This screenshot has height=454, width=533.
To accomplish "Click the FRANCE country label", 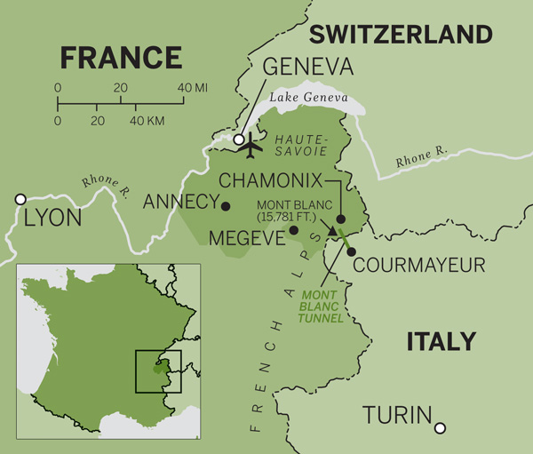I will click(x=121, y=59).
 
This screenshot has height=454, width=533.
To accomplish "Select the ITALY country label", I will click(x=441, y=342).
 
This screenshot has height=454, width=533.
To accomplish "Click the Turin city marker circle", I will click(x=440, y=428).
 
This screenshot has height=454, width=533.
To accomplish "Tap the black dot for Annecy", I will click(x=226, y=206).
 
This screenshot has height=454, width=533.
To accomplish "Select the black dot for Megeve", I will click(x=294, y=231).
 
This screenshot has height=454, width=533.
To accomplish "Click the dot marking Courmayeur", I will click(x=351, y=251).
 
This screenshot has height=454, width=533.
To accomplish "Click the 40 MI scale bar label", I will click(x=194, y=88).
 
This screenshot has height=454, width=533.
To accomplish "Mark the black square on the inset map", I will click(x=158, y=371).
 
